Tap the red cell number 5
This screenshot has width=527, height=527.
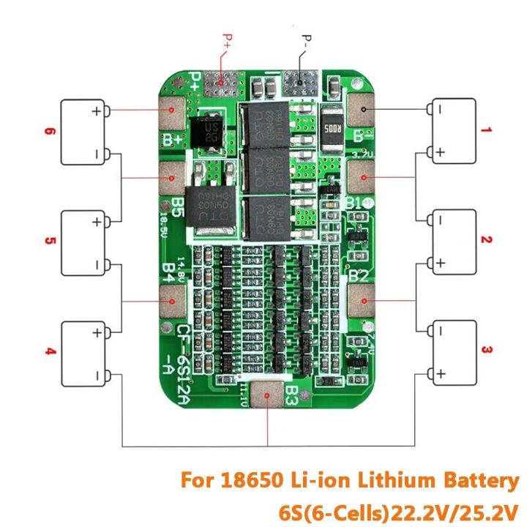pyautogui.click(x=50, y=240)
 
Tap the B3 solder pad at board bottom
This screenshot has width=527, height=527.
pyautogui.click(x=269, y=397)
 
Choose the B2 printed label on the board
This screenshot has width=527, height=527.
pyautogui.click(x=359, y=276)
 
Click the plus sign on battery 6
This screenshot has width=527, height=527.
pyautogui.click(x=95, y=111)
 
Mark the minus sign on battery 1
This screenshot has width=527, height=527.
pyautogui.click(x=441, y=111)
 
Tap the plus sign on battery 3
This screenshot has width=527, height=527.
pyautogui.click(x=441, y=375)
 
